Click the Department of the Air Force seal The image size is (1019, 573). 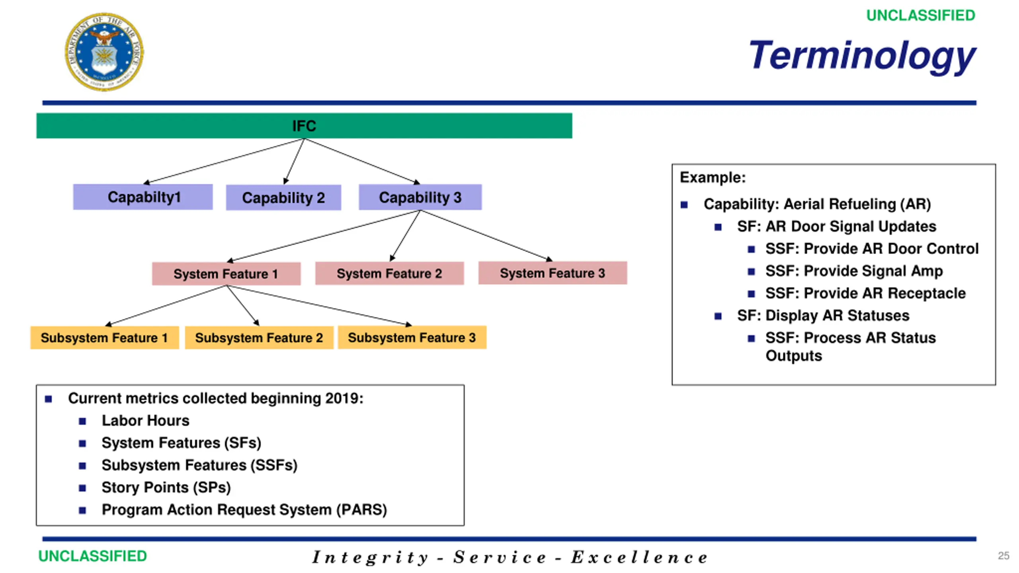(104, 52)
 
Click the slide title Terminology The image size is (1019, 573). (862, 57)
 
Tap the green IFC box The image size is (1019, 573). (304, 126)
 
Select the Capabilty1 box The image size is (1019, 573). (143, 197)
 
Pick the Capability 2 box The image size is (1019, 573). (283, 198)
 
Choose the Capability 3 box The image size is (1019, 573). (420, 197)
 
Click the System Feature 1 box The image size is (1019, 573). (226, 274)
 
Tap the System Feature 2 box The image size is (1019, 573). (389, 273)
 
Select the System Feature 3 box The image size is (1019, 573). (552, 273)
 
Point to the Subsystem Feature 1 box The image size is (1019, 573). (105, 338)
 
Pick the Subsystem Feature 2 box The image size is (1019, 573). (259, 338)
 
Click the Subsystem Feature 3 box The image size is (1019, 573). (412, 337)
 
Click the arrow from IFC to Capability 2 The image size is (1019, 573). (294, 162)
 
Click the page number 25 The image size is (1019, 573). (1003, 556)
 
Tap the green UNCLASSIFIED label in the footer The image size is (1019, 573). (92, 556)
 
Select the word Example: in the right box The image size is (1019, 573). (713, 177)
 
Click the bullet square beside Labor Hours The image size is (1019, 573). (82, 421)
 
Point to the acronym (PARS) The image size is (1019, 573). (361, 510)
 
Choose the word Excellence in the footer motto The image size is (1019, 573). (639, 557)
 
